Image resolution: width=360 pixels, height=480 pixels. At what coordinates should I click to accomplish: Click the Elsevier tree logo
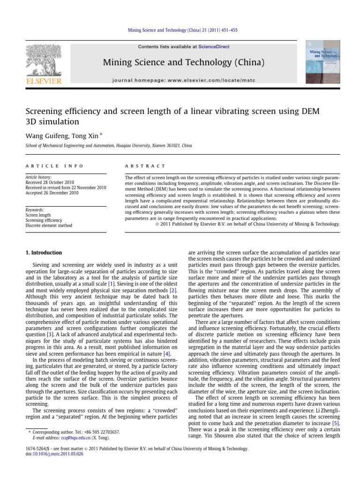(x=43, y=60)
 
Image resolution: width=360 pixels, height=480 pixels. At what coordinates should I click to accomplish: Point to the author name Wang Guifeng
(x=42, y=136)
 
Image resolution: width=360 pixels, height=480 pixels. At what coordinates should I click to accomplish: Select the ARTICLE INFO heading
(x=54, y=166)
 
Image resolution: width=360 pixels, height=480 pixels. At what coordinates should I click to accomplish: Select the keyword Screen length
(x=38, y=216)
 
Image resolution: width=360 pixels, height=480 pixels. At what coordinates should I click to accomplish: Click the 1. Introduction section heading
(x=43, y=253)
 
